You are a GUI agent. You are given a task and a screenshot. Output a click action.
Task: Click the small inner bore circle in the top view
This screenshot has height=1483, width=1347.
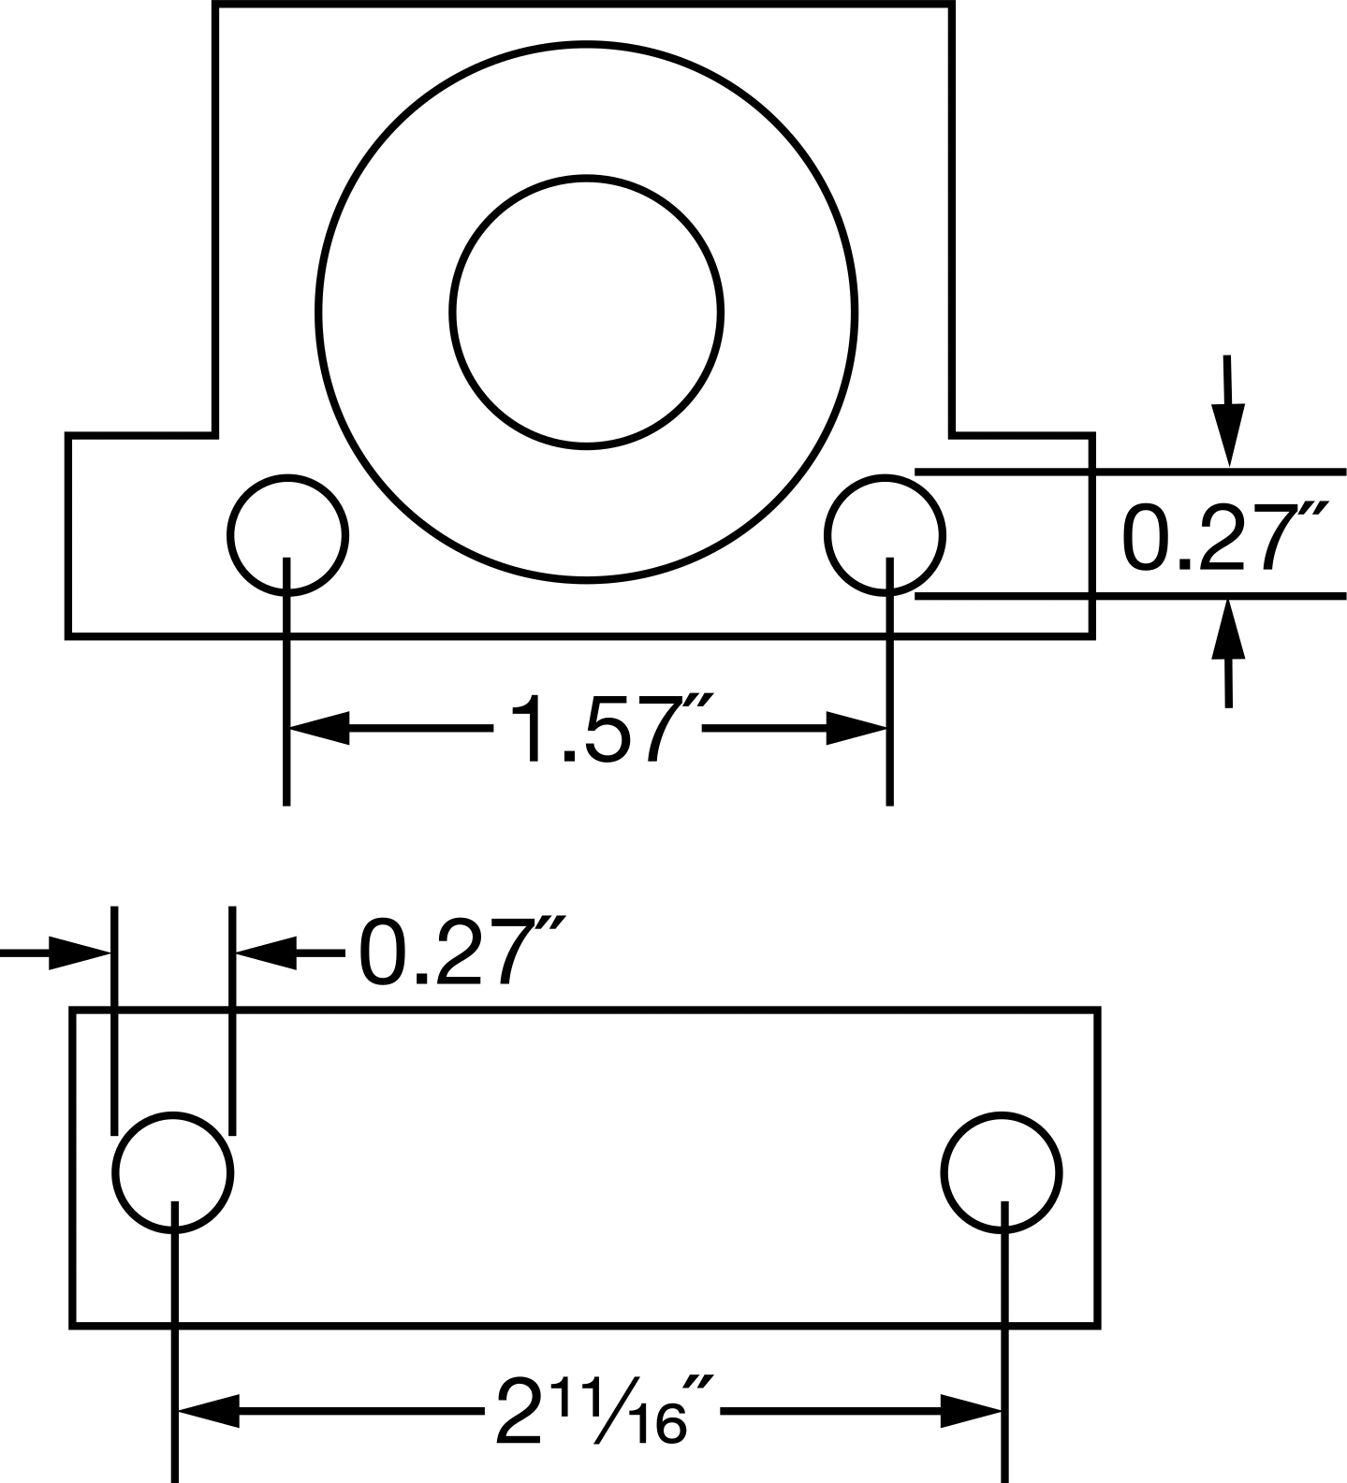(x=586, y=176)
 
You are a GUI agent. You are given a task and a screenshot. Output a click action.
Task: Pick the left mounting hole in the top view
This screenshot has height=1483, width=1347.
(x=287, y=476)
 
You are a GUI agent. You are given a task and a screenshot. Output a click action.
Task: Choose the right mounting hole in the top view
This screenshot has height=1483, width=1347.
(x=885, y=476)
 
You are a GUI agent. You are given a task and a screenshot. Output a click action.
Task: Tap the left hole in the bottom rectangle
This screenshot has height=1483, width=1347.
(x=172, y=1114)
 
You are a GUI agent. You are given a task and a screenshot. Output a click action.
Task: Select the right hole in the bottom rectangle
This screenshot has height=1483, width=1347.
(x=1002, y=1114)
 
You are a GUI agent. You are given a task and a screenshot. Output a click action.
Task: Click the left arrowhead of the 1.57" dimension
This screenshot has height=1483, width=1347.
(x=319, y=727)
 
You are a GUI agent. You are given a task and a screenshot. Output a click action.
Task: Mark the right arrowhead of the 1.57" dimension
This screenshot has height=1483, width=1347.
(x=856, y=727)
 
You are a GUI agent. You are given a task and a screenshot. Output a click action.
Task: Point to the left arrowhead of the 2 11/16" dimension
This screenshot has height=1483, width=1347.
(x=209, y=1411)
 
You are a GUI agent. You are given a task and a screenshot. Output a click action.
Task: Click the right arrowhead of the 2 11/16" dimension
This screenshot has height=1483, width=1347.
(x=971, y=1411)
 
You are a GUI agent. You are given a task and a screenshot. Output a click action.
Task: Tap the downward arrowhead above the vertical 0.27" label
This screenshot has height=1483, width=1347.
(x=1229, y=435)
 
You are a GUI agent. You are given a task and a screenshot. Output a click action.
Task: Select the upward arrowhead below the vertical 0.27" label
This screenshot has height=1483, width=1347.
(x=1229, y=630)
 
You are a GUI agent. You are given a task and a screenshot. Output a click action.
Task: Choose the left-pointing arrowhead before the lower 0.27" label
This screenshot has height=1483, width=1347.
(x=265, y=952)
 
